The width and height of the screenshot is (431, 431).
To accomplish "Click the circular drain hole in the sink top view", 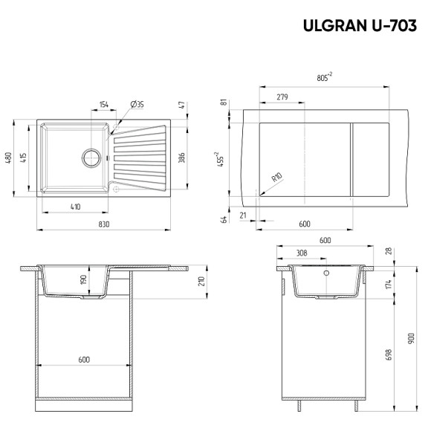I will (x=91, y=157).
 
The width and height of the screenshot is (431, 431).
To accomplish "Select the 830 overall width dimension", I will (x=103, y=224).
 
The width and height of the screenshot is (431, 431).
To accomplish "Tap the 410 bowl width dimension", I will (x=75, y=206).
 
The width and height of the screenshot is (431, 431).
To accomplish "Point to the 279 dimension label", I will (x=282, y=97).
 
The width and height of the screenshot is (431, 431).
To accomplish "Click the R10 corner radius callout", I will (x=276, y=178).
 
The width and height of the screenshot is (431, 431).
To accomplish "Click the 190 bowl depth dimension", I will (x=84, y=281).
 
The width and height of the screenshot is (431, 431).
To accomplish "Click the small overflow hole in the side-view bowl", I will (x=325, y=273).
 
